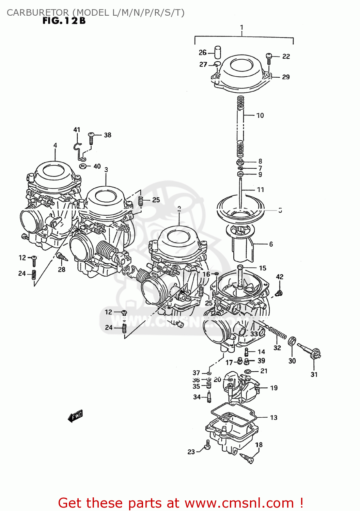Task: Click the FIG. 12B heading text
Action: coord(64,21)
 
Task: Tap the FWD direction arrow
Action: coord(75,416)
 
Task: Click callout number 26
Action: coord(203,52)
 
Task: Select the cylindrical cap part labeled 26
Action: coord(217,52)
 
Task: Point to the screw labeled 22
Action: coord(269,58)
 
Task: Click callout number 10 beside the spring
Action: coord(260,115)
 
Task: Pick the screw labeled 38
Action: coord(91,138)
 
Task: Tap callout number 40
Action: coord(97,166)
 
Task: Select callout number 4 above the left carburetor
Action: coord(55,145)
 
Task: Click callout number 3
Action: coord(106,170)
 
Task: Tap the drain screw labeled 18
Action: coord(247,459)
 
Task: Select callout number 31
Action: coord(314,374)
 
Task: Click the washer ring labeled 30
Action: coord(292,341)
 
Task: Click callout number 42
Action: coord(280,277)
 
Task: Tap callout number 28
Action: coord(62,269)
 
